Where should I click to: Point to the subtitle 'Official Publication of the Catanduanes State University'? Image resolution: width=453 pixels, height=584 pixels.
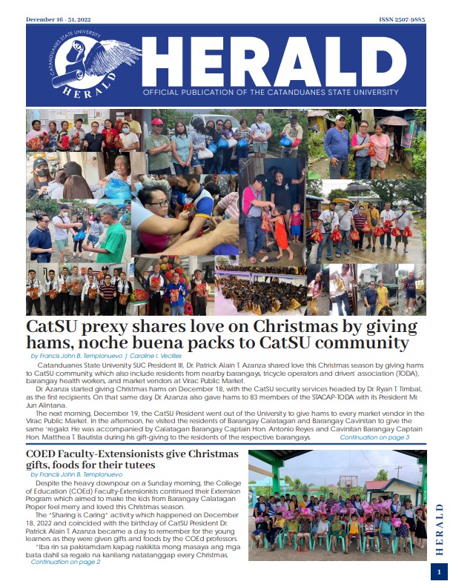(282, 96)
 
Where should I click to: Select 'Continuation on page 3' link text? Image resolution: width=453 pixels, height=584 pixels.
(374, 438)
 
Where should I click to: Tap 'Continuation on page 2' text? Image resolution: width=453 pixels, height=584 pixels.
(65, 562)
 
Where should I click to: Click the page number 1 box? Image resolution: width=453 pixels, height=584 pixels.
(438, 572)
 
